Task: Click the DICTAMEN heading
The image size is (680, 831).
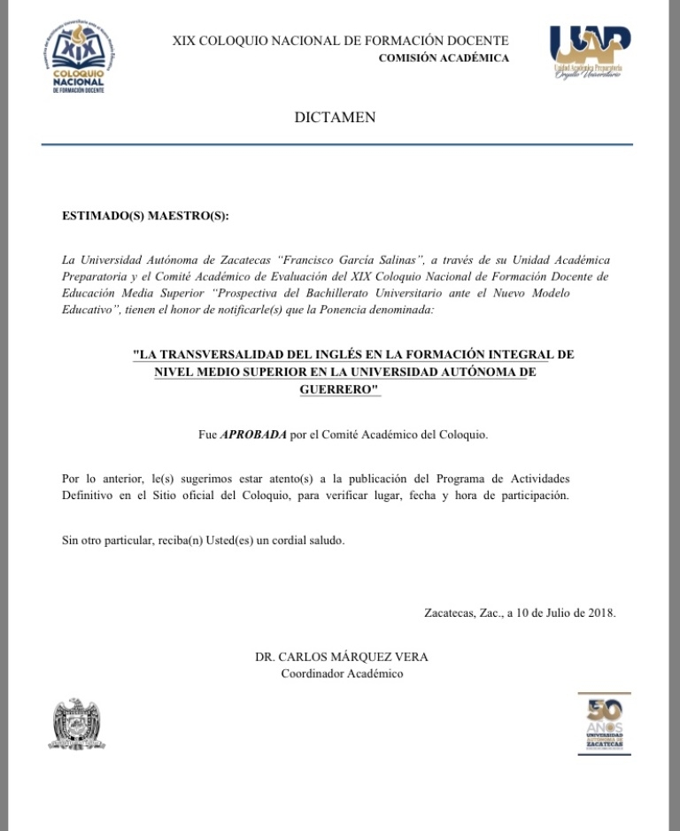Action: click(x=335, y=118)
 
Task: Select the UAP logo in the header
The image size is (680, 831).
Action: click(x=590, y=51)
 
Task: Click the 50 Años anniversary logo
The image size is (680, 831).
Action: click(x=605, y=723)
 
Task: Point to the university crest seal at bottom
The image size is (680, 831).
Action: click(x=76, y=724)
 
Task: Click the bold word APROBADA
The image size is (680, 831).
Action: click(x=253, y=435)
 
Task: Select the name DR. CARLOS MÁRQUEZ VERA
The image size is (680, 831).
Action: click(x=341, y=658)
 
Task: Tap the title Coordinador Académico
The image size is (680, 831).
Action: click(x=341, y=674)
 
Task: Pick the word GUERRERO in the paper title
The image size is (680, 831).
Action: click(x=337, y=389)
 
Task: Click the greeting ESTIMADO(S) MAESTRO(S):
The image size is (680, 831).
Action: click(x=145, y=215)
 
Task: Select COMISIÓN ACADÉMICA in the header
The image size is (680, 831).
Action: click(x=444, y=58)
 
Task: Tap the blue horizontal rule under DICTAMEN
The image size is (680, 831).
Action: click(x=336, y=144)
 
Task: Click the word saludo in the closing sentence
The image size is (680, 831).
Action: click(x=323, y=540)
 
